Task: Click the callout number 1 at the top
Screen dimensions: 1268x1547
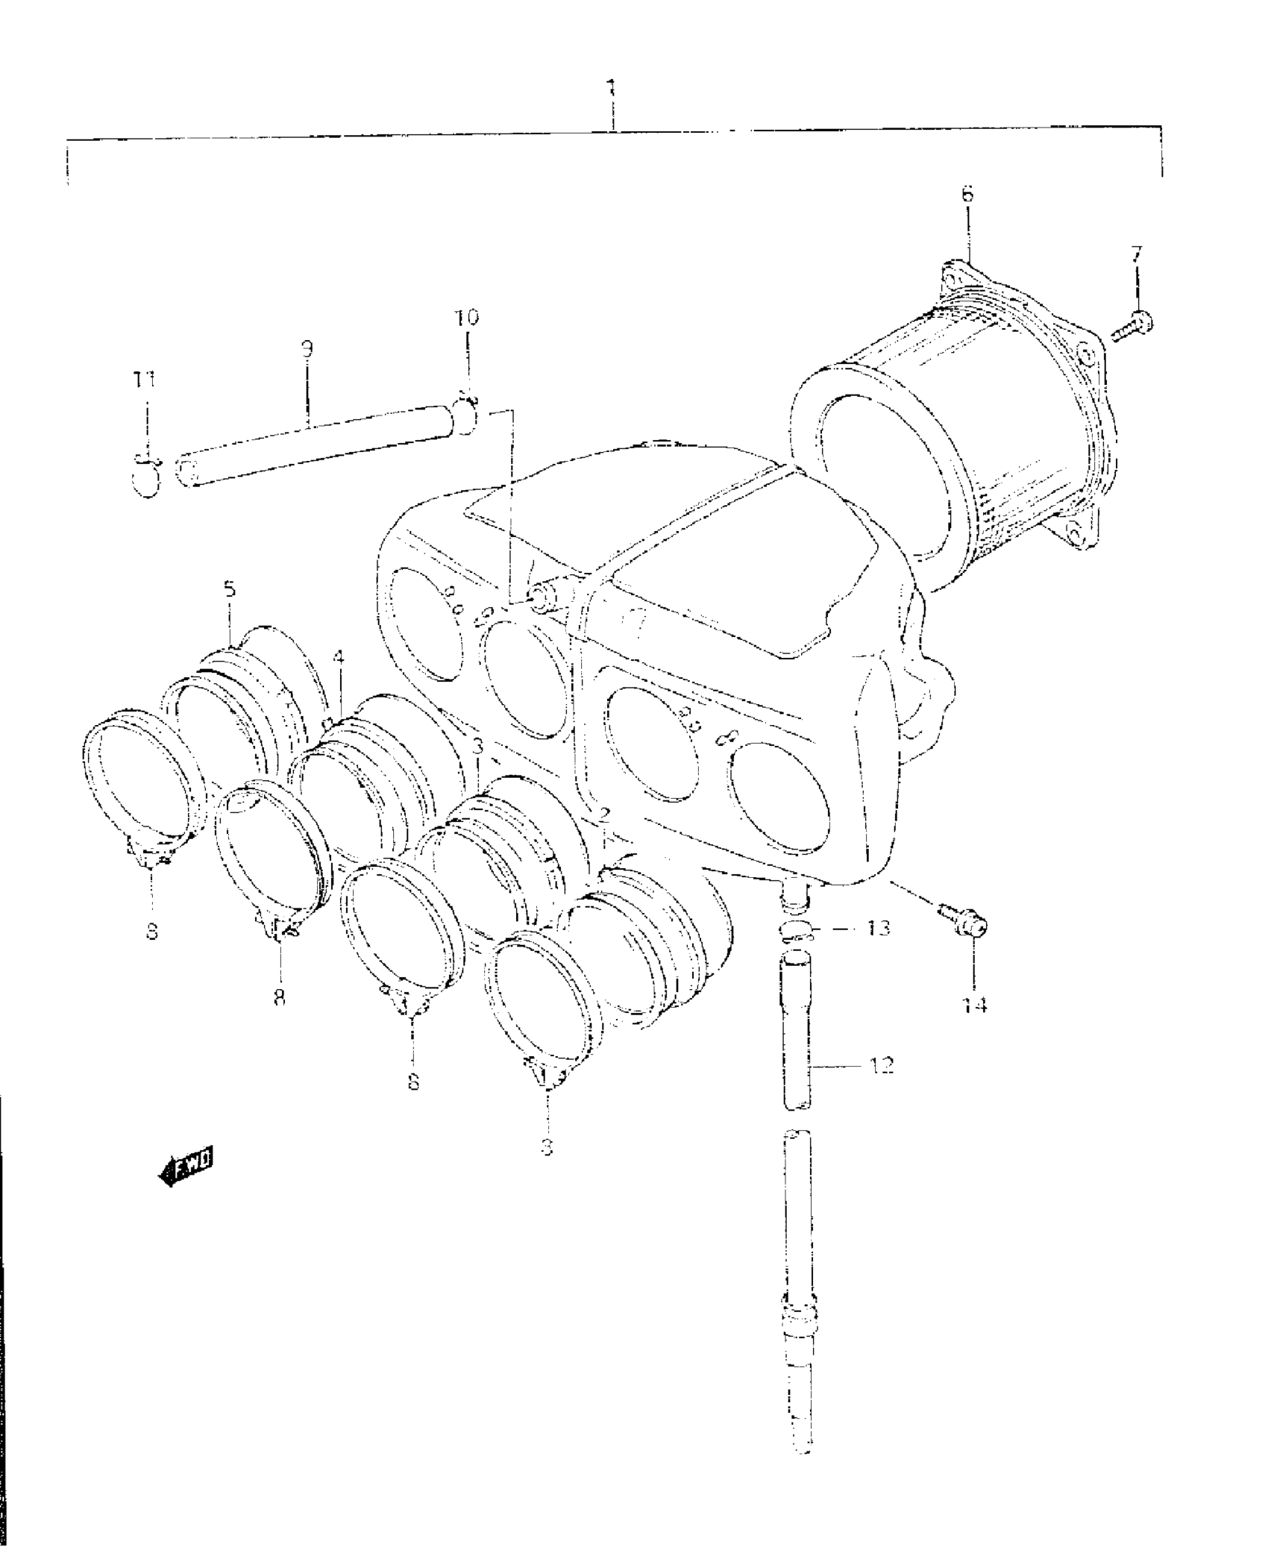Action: click(x=611, y=90)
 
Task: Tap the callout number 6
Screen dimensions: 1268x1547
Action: click(x=967, y=195)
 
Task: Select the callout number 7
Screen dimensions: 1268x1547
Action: click(x=1134, y=254)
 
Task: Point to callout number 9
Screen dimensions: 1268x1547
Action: click(x=307, y=349)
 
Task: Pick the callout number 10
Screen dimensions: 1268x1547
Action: click(x=468, y=318)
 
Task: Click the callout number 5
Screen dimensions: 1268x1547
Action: click(x=230, y=589)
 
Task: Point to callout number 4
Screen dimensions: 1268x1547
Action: click(x=339, y=658)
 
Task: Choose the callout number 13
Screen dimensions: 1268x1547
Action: click(x=878, y=928)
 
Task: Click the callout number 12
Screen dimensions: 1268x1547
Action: click(x=881, y=1065)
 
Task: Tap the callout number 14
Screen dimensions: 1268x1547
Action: click(x=974, y=1005)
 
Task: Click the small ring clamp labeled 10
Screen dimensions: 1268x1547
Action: click(x=467, y=415)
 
